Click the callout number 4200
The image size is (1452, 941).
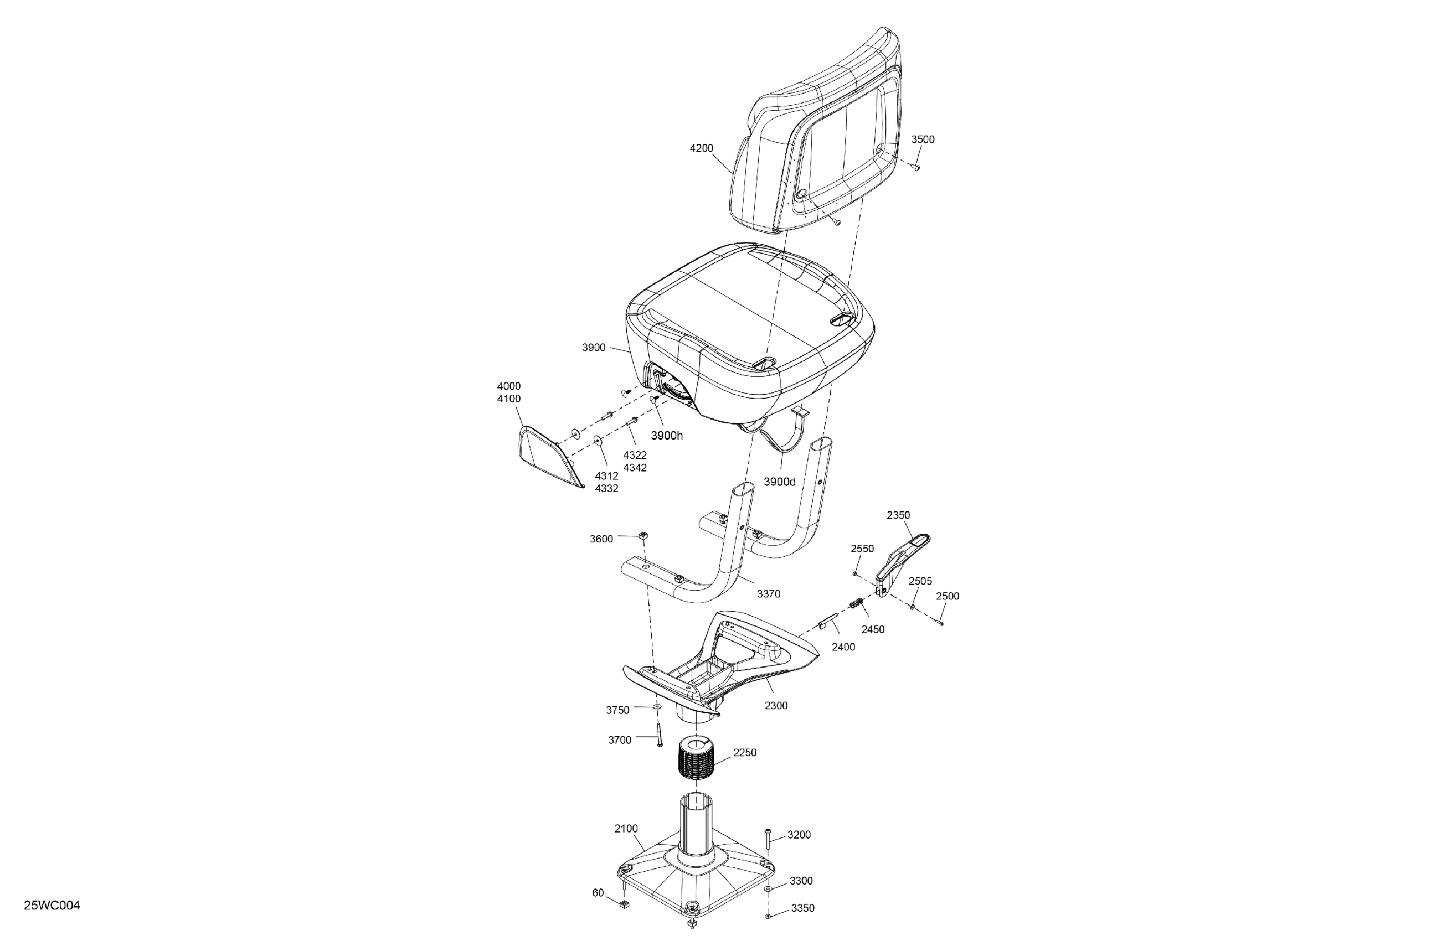point(702,148)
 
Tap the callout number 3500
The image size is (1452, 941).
point(923,139)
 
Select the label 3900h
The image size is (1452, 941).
point(667,436)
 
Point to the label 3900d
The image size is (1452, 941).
point(780,482)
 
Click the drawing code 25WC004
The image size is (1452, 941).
point(52,906)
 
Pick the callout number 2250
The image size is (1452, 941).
point(744,753)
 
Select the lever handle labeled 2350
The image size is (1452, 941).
point(902,564)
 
